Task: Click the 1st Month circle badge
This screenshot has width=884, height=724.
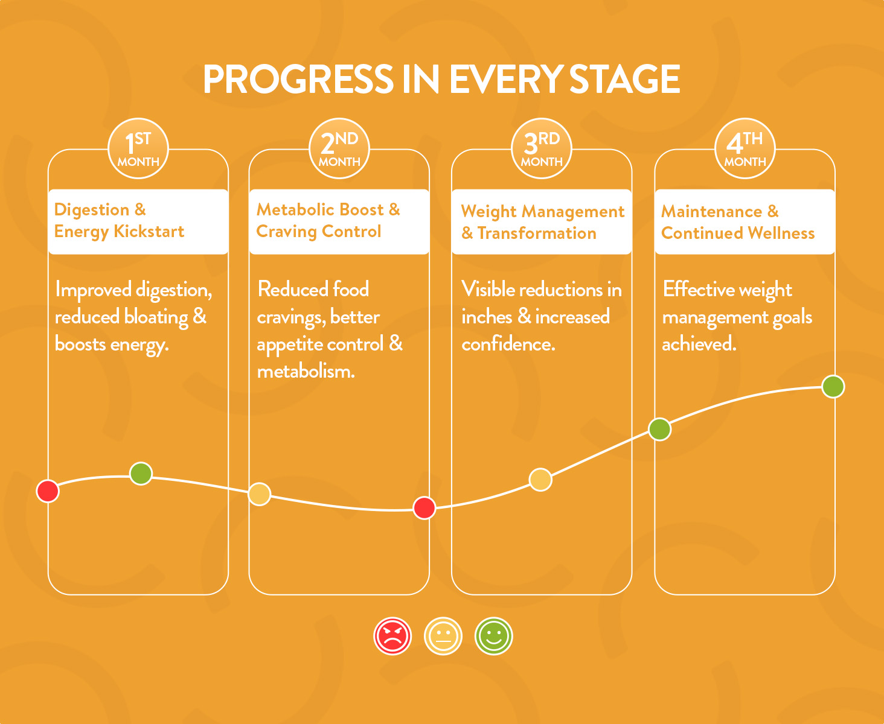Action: pyautogui.click(x=138, y=148)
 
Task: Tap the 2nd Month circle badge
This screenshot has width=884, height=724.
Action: pyautogui.click(x=339, y=148)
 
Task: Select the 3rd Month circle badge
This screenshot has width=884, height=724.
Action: pyautogui.click(x=542, y=148)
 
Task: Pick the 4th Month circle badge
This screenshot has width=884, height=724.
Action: pyautogui.click(x=745, y=148)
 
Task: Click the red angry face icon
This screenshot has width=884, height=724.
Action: pyautogui.click(x=392, y=636)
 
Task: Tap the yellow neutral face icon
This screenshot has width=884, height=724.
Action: pyautogui.click(x=443, y=636)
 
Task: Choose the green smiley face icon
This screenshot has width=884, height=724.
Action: pyautogui.click(x=494, y=636)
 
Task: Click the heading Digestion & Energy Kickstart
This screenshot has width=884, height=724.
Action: pyautogui.click(x=119, y=221)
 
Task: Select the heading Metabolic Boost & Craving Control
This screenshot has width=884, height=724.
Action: pyautogui.click(x=328, y=221)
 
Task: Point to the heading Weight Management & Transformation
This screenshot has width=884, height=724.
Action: pyautogui.click(x=543, y=223)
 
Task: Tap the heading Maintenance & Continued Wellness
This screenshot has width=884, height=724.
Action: pyautogui.click(x=738, y=223)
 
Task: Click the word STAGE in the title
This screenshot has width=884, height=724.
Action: pyautogui.click(x=624, y=79)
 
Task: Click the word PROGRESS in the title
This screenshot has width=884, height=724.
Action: pyautogui.click(x=298, y=79)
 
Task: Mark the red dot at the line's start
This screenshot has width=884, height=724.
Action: pyautogui.click(x=48, y=491)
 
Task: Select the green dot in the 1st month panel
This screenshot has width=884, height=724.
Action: pyautogui.click(x=141, y=474)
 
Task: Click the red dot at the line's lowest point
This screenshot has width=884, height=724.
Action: pyautogui.click(x=424, y=508)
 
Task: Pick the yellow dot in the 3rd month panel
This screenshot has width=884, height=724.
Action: pyautogui.click(x=540, y=480)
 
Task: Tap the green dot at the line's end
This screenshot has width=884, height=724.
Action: pyautogui.click(x=833, y=387)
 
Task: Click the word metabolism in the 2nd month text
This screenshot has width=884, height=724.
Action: pyautogui.click(x=306, y=372)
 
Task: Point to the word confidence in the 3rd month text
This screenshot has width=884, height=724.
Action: pyautogui.click(x=508, y=345)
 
